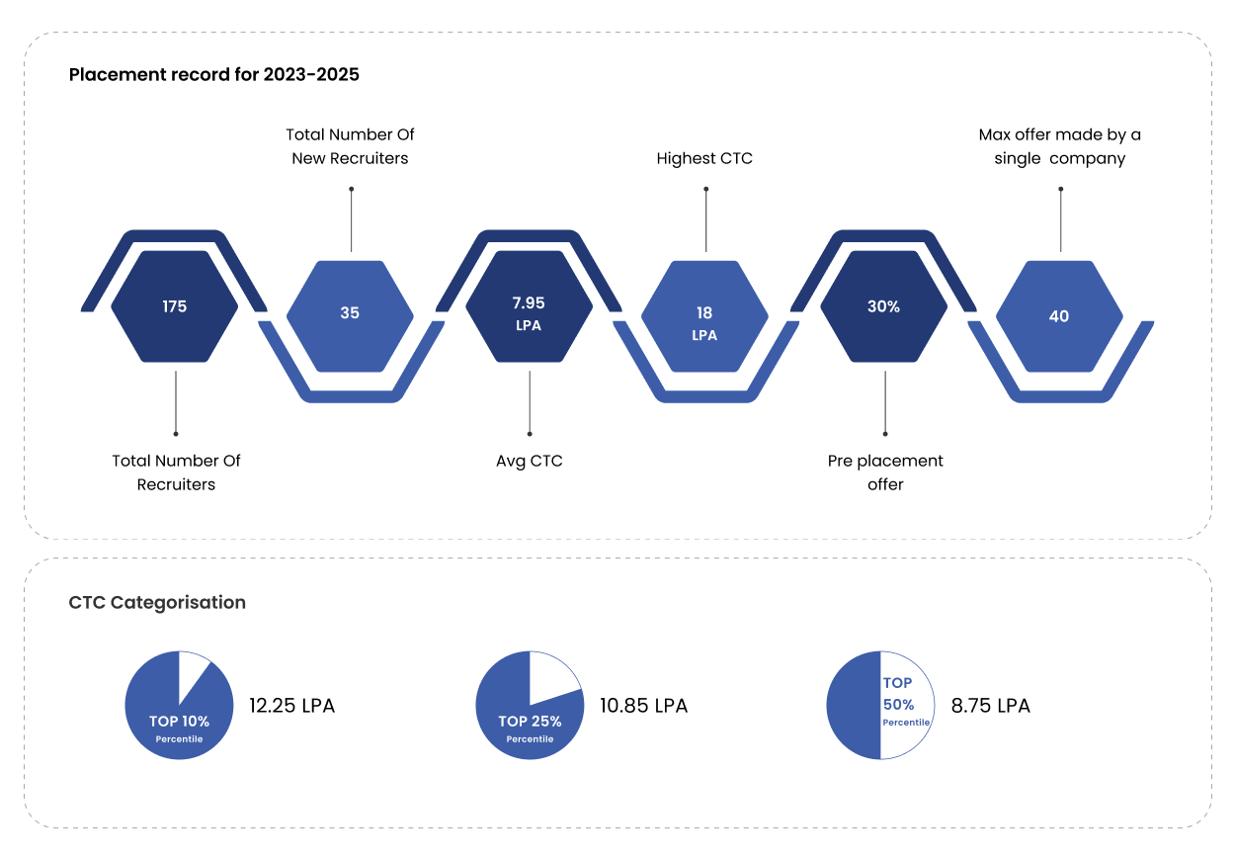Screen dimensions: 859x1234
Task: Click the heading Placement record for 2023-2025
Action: [214, 74]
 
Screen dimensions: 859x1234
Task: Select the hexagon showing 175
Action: [175, 306]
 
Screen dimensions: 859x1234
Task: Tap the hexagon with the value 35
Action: [350, 313]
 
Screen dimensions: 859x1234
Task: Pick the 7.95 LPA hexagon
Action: [529, 313]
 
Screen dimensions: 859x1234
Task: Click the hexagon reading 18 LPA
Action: [704, 316]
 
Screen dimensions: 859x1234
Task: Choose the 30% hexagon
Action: [883, 307]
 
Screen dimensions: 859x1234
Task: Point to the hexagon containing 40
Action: [1059, 316]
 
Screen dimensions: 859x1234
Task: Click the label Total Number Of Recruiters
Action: [176, 472]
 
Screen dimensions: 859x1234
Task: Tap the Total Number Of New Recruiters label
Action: [350, 146]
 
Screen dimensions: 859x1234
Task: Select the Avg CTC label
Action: [529, 461]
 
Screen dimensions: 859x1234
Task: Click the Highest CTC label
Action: [704, 158]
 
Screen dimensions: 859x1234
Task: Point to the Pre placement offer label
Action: [885, 472]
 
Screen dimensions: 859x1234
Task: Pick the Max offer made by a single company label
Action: [1059, 146]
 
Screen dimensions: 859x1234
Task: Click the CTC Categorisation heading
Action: [157, 602]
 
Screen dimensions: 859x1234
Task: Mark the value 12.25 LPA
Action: [291, 706]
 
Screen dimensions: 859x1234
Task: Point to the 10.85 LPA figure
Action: [643, 706]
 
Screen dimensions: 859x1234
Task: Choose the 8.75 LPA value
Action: [990, 706]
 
